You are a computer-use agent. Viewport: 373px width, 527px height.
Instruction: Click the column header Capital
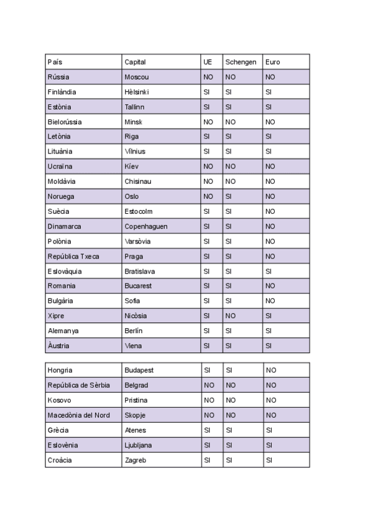[x=135, y=62]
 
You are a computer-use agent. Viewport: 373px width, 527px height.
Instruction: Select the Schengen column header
[x=241, y=62]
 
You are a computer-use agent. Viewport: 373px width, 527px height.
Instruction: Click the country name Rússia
[x=58, y=77]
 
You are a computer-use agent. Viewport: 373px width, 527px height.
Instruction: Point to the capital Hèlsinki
[x=137, y=92]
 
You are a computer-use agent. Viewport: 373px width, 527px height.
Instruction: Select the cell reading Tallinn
[x=134, y=107]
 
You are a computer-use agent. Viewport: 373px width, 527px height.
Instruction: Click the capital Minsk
[x=133, y=122]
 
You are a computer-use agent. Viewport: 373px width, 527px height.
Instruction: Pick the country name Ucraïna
[x=60, y=167]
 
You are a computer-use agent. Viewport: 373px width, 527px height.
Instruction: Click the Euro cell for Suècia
[x=270, y=211]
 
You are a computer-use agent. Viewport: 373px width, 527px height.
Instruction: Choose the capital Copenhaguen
[x=145, y=226]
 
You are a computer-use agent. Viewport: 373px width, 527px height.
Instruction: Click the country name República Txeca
[x=73, y=256]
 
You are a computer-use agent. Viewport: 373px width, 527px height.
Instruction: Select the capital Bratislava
[x=140, y=272]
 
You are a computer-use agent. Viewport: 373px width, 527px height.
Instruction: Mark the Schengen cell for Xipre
[x=231, y=316]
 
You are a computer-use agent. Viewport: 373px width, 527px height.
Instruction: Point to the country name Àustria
[x=58, y=346]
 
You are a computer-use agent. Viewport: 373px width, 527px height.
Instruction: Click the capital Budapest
[x=139, y=370]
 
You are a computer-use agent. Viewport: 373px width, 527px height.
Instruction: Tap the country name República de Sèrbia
[x=78, y=385]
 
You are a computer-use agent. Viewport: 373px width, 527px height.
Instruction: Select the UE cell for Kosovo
[x=209, y=400]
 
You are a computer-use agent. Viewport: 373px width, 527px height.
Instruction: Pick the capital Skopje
[x=134, y=415]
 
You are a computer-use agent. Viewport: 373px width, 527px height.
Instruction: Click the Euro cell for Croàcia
[x=270, y=460]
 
